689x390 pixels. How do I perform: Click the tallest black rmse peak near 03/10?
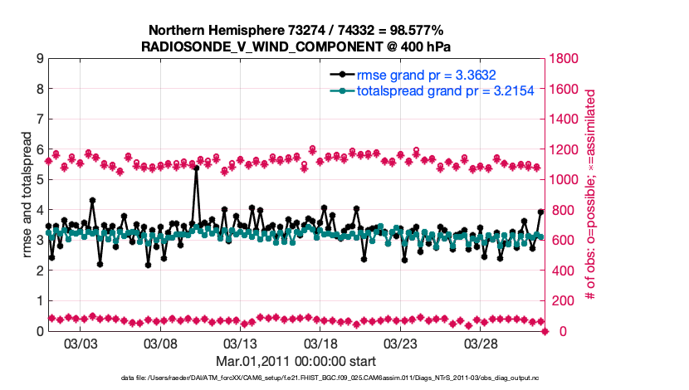pos(196,168)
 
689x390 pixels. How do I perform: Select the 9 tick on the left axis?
pos(40,59)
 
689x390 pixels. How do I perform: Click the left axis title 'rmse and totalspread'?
pos(27,194)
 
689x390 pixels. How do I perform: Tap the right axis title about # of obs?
pos(591,195)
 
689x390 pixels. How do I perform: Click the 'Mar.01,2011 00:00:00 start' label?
pos(296,361)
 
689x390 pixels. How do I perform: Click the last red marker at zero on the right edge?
pos(545,331)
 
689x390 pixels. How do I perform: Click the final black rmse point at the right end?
pos(540,212)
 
